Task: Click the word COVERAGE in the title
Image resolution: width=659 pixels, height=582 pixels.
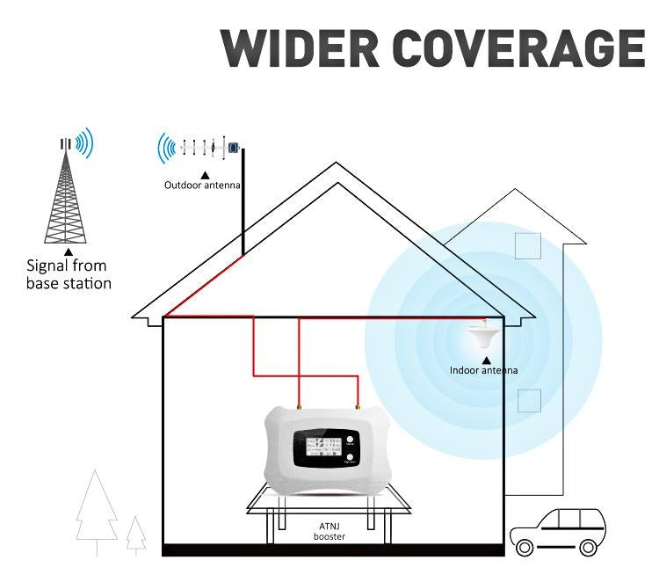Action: pyautogui.click(x=519, y=47)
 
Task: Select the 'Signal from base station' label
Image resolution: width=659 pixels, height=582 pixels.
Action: pyautogui.click(x=68, y=274)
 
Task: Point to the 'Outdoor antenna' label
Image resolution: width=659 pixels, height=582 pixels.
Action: pyautogui.click(x=202, y=186)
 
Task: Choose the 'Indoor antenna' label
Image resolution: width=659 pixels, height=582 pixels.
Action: pyautogui.click(x=483, y=370)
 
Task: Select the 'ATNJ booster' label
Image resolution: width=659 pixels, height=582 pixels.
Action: pyautogui.click(x=329, y=530)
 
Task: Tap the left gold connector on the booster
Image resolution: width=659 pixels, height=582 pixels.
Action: pyautogui.click(x=300, y=407)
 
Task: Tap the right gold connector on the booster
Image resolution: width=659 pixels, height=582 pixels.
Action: pyautogui.click(x=358, y=407)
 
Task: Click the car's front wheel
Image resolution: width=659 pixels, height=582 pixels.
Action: pyautogui.click(x=525, y=547)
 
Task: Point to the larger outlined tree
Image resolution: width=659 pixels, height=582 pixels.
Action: pyautogui.click(x=96, y=510)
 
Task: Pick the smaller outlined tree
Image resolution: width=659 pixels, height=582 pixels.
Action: pyautogui.click(x=135, y=535)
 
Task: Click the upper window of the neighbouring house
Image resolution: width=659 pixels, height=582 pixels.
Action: pyautogui.click(x=528, y=245)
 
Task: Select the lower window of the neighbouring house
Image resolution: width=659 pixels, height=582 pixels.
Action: pyautogui.click(x=528, y=401)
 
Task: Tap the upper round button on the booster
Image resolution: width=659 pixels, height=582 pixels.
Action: pyautogui.click(x=350, y=440)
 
